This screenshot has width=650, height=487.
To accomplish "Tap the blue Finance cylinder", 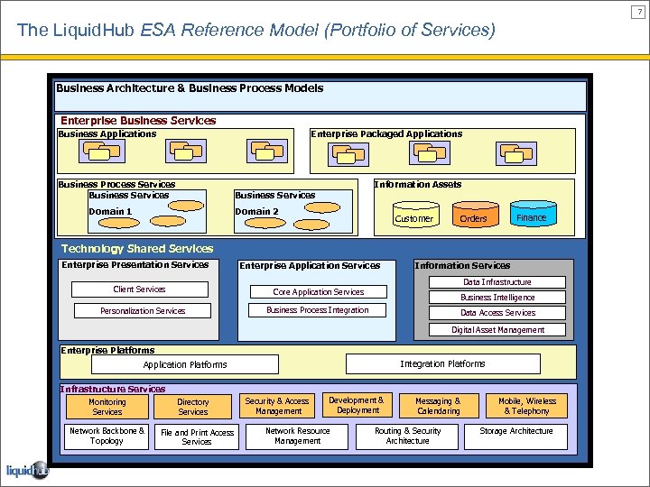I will pyautogui.click(x=531, y=217).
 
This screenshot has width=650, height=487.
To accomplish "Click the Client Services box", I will pyautogui.click(x=139, y=289).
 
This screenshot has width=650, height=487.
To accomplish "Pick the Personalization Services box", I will pyautogui.click(x=143, y=311).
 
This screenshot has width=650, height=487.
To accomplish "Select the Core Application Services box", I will pyautogui.click(x=318, y=292).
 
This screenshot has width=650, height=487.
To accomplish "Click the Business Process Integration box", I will pyautogui.click(x=318, y=310).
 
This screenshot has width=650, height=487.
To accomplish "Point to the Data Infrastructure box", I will pyautogui.click(x=497, y=282).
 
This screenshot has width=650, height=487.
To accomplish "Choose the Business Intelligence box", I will pyautogui.click(x=497, y=298).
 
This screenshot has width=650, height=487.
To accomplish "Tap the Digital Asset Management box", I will pyautogui.click(x=497, y=330).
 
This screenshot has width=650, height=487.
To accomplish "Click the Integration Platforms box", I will pyautogui.click(x=442, y=364).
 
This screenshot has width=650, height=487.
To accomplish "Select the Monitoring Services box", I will pyautogui.click(x=107, y=407).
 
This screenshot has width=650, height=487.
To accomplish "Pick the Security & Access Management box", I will pyautogui.click(x=278, y=406).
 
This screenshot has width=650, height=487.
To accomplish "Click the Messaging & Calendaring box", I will pyautogui.click(x=438, y=406).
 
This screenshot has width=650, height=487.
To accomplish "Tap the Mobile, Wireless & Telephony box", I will pyautogui.click(x=527, y=406).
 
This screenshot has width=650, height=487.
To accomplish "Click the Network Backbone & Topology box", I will pyautogui.click(x=107, y=436).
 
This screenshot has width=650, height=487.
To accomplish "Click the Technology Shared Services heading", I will pyautogui.click(x=137, y=249).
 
